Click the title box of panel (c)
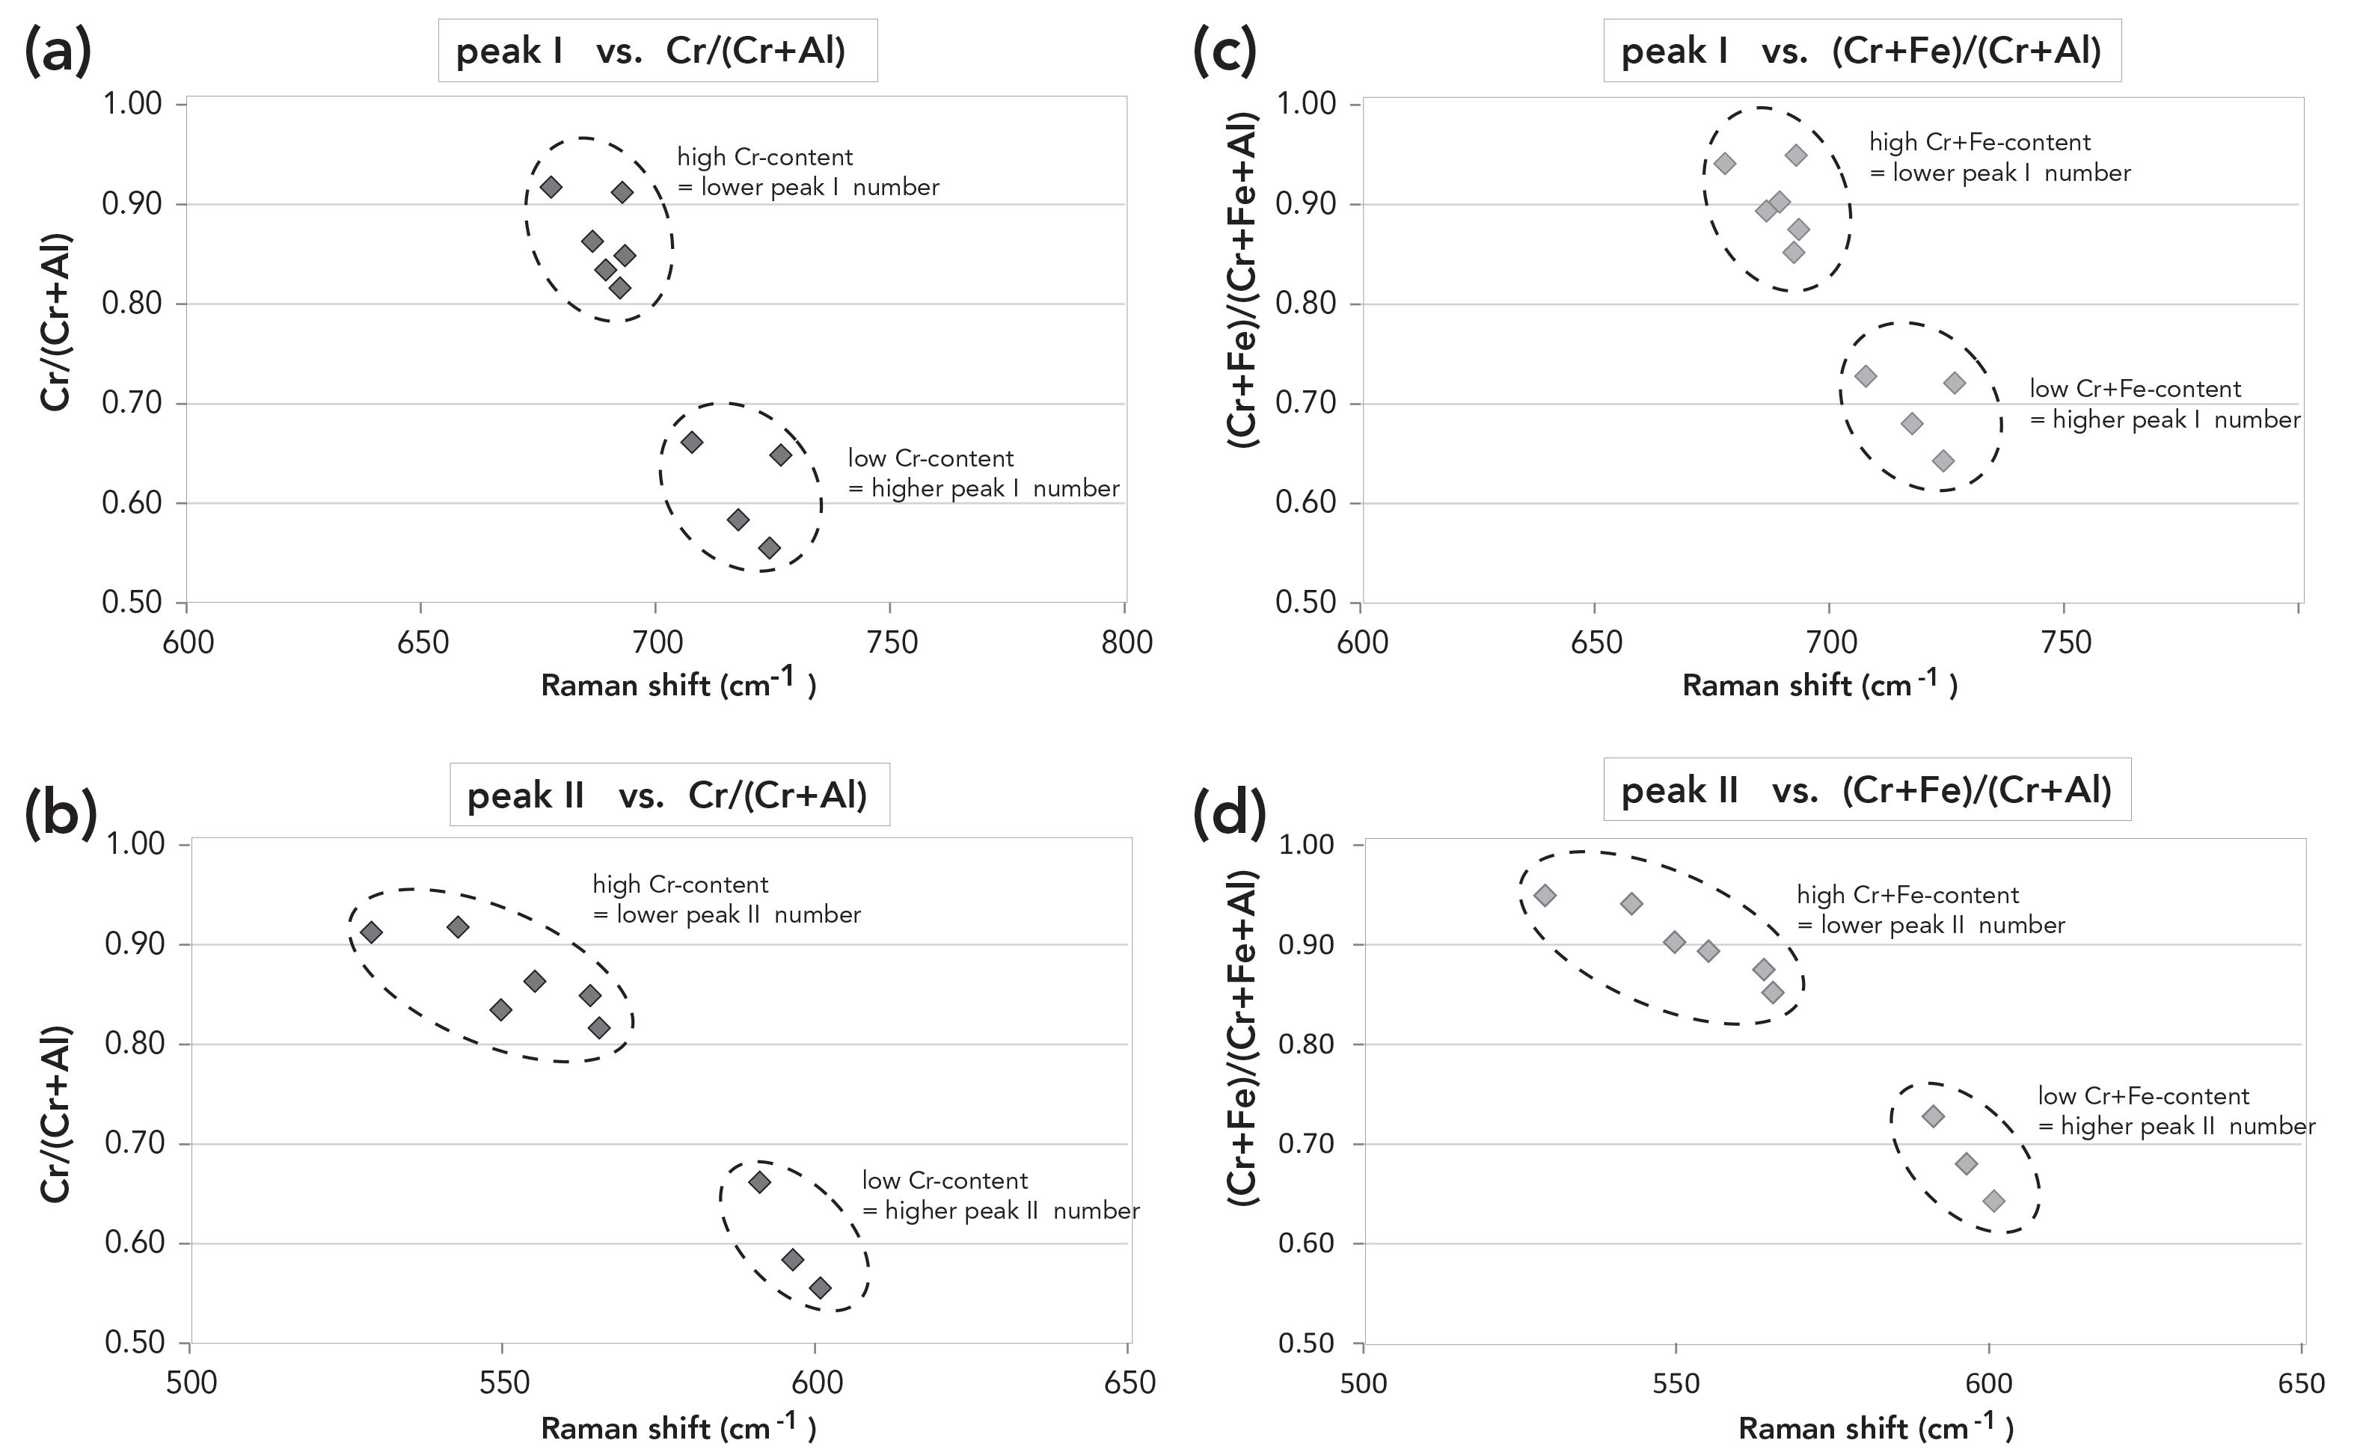pyautogui.click(x=1860, y=51)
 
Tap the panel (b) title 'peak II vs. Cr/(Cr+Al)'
pyautogui.click(x=669, y=795)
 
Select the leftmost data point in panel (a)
pyautogui.click(x=551, y=186)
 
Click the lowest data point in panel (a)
pyautogui.click(x=770, y=548)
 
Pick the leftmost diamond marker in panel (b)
pyautogui.click(x=372, y=932)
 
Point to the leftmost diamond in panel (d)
pyautogui.click(x=1545, y=895)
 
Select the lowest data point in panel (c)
pyautogui.click(x=1943, y=461)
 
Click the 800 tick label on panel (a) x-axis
pyautogui.click(x=1127, y=642)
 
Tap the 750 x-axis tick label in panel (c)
pyautogui.click(x=2066, y=642)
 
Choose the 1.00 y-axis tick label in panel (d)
pyautogui.click(x=1308, y=844)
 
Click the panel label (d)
pyautogui.click(x=1230, y=815)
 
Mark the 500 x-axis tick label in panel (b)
pyautogui.click(x=192, y=1383)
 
